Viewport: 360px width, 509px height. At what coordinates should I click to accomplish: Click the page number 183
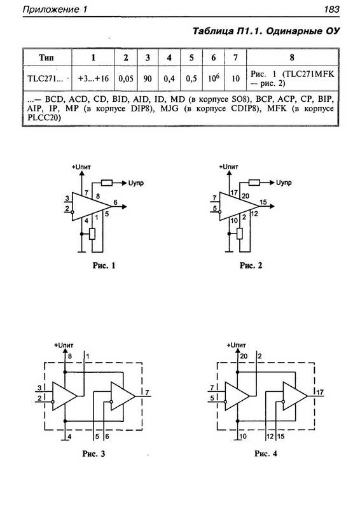pos(331,9)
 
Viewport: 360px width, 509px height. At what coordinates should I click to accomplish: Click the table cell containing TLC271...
pos(47,78)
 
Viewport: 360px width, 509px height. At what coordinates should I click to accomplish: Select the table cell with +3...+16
pos(93,78)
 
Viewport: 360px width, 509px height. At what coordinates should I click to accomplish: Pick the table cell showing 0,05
pos(126,78)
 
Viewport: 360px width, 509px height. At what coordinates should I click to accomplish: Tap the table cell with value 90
pos(148,78)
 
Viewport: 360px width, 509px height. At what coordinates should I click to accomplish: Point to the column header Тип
pos(46,57)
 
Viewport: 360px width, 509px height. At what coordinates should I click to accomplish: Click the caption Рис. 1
pos(104,265)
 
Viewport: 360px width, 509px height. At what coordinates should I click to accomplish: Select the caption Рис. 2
pos(251,265)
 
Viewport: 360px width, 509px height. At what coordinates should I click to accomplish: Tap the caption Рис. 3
pos(93,454)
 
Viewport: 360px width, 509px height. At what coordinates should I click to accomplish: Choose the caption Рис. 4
pos(265,454)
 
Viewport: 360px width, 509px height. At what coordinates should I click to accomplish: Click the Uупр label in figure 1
pos(136,183)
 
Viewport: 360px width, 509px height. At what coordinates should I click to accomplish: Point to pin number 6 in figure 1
pos(116,202)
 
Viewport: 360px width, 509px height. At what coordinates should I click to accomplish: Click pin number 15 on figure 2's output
pos(263,202)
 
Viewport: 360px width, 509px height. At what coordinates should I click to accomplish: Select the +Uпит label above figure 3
pos(64,345)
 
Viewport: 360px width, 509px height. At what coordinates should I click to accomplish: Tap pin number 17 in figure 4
pos(320,392)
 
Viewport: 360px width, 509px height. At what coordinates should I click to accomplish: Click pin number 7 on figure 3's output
pos(147,393)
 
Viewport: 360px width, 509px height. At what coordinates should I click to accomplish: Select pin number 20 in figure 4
pos(244,356)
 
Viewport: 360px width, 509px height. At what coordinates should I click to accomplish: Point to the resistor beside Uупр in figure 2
pos(254,183)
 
